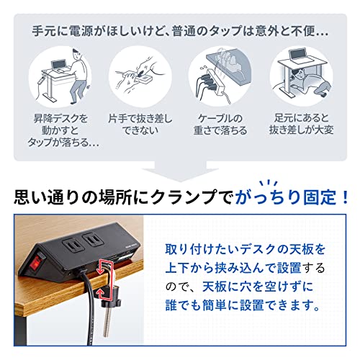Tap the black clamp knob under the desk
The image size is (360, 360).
(x=112, y=302)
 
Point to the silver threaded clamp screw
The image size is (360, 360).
(x=107, y=323)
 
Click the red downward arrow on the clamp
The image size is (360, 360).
(x=100, y=267)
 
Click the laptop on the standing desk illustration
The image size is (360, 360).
(x=58, y=66)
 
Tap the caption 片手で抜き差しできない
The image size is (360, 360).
(x=140, y=125)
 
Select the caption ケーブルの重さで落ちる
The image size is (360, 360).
(x=220, y=125)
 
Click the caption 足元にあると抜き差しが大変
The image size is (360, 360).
(x=302, y=124)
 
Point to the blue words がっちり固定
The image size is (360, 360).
(x=285, y=197)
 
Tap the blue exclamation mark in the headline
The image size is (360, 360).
(x=345, y=197)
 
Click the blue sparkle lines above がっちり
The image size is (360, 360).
(x=269, y=183)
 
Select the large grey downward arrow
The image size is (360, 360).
(x=180, y=171)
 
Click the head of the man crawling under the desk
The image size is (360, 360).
(x=297, y=76)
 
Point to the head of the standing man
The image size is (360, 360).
(x=76, y=54)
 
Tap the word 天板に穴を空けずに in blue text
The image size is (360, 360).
(x=258, y=287)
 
